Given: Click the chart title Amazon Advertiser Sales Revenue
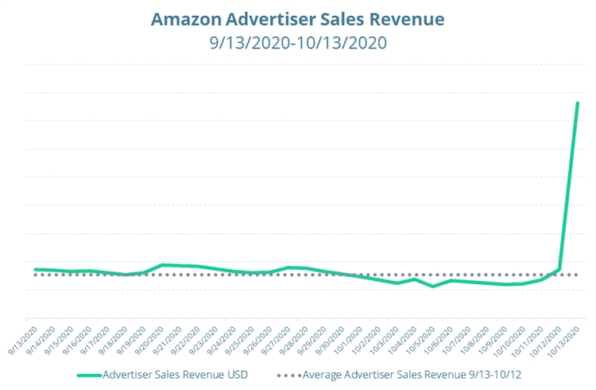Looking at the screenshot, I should (298, 18).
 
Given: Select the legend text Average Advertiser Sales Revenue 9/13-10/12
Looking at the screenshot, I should (411, 372).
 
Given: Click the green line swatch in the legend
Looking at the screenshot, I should (88, 372).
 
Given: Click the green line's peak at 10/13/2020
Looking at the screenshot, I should (577, 103).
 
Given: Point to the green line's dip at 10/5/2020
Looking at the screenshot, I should (433, 287).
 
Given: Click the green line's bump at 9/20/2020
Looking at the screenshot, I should (162, 265).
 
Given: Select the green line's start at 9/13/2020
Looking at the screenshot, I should (35, 269).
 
